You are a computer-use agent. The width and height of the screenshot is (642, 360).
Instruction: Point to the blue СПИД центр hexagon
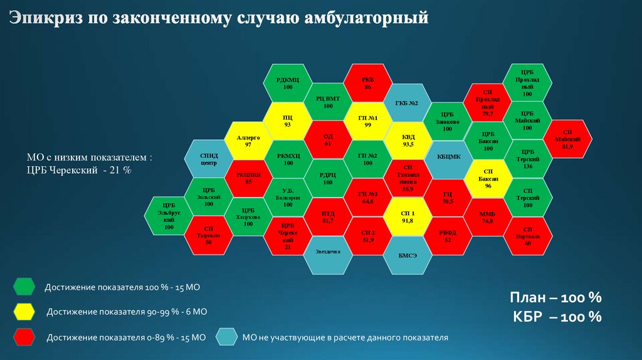pos(208,159)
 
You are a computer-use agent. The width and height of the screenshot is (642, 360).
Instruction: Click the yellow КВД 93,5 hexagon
pos(407,140)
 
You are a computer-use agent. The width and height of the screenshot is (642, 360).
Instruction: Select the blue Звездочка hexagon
pos(328,252)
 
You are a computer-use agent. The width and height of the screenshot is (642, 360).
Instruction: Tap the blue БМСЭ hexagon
pos(407,255)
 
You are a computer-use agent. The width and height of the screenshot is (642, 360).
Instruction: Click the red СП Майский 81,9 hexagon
pos(567,139)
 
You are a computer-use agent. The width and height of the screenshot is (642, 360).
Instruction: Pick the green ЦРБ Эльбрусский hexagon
pos(168,215)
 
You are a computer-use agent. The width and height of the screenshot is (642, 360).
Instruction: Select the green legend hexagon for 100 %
pos(24,287)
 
